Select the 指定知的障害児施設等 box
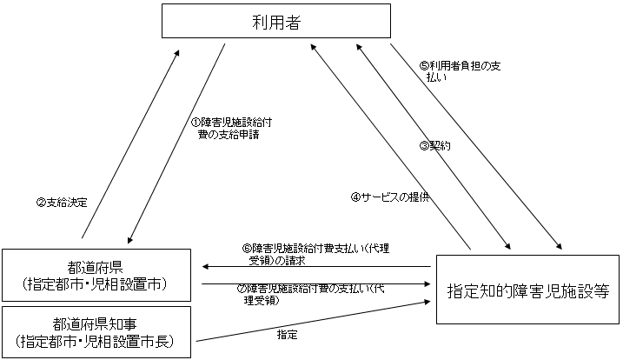coord(527,288)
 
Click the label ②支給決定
coord(62,202)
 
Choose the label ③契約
coord(434,145)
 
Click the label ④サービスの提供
coord(390,197)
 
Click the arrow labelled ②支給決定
coord(130,143)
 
